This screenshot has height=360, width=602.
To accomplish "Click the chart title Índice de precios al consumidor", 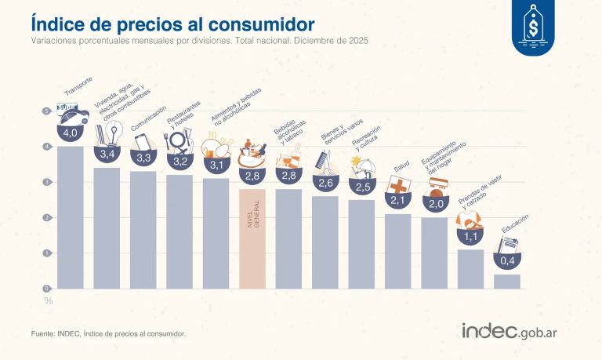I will tap(164, 18).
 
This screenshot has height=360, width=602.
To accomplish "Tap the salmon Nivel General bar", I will tap(252, 238).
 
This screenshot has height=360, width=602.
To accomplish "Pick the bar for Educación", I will tap(507, 281).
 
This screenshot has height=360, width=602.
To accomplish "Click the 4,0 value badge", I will tap(71, 133).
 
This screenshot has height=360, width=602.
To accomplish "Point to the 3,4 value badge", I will tap(107, 154).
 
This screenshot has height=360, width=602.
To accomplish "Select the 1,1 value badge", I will tap(471, 236).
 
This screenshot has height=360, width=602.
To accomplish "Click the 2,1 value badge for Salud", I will tap(398, 201).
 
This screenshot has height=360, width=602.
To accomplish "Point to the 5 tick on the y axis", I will tap(47, 111).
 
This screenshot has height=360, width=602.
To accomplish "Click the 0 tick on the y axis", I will tap(47, 289).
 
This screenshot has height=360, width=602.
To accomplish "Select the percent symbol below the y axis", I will tap(48, 300).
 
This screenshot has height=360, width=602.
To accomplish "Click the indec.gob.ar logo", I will tap(514, 331).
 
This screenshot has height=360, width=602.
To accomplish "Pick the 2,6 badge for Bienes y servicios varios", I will tap(325, 183).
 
